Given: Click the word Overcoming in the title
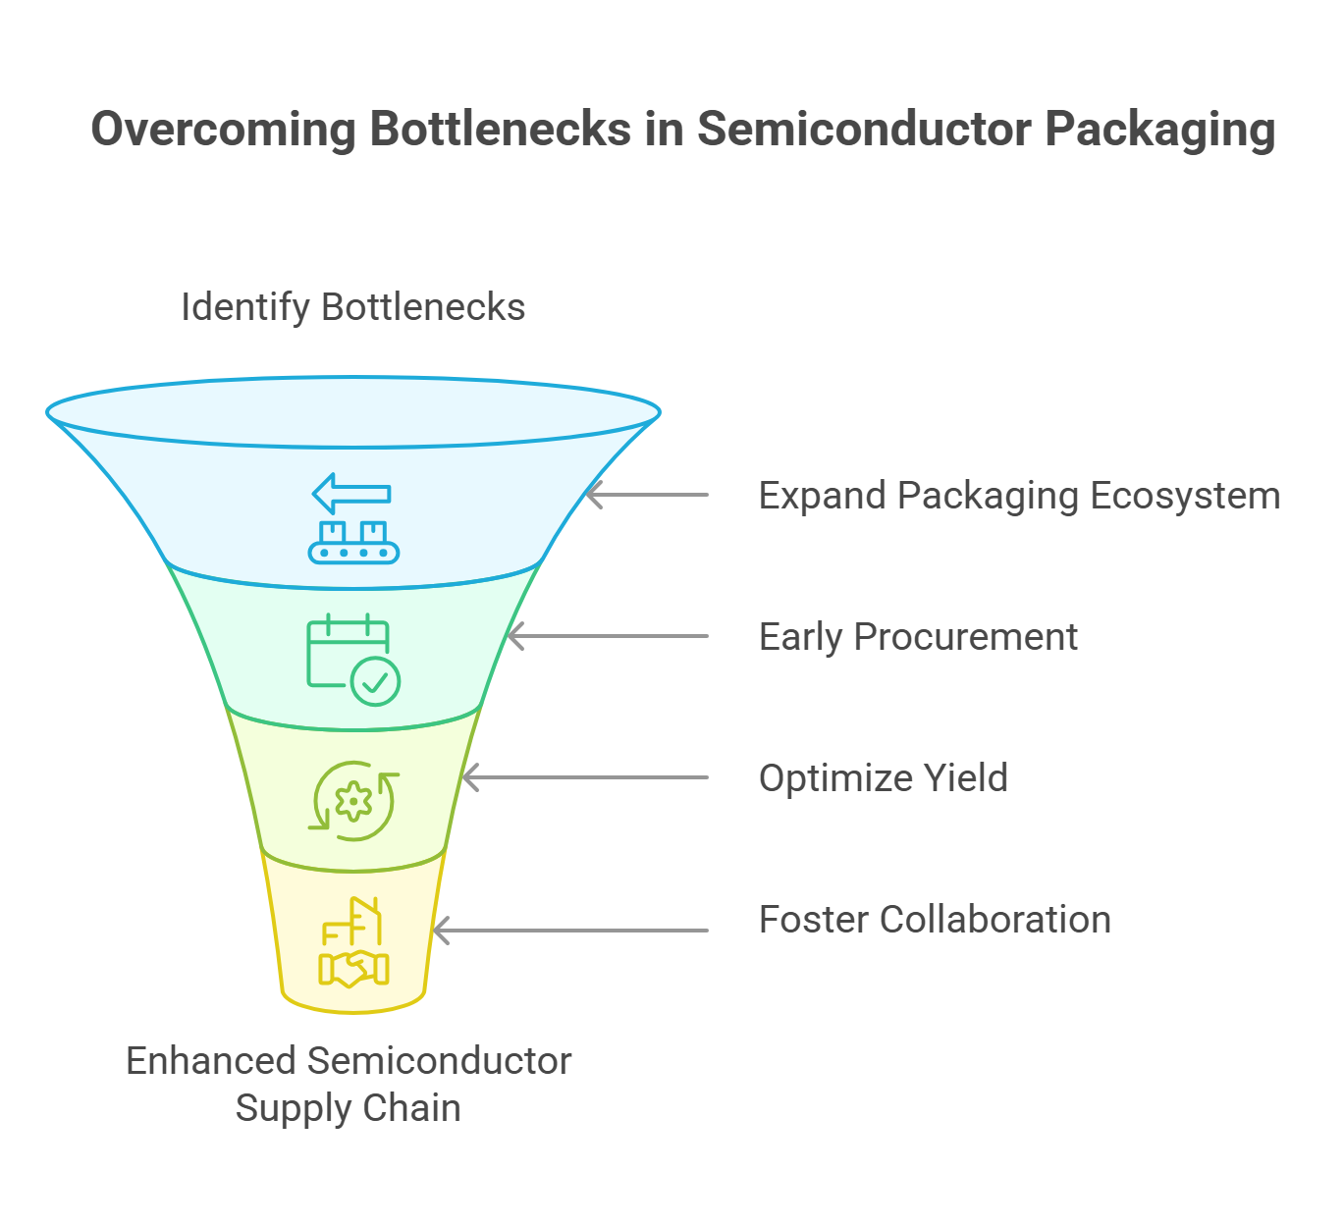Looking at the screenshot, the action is pyautogui.click(x=223, y=130).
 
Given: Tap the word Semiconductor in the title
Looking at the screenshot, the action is pyautogui.click(x=864, y=129).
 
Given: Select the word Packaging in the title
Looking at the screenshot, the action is pyautogui.click(x=1160, y=131).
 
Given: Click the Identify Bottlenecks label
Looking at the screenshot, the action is pyautogui.click(x=352, y=308).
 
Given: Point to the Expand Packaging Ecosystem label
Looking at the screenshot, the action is pyautogui.click(x=1019, y=497).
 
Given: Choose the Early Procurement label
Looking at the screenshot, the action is pyautogui.click(x=918, y=637).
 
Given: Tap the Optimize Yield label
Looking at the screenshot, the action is pyautogui.click(x=883, y=778).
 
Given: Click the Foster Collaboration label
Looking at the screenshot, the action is pyautogui.click(x=935, y=919).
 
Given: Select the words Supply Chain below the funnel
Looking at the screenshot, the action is pyautogui.click(x=349, y=1108).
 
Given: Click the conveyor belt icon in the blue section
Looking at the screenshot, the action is pyautogui.click(x=353, y=543).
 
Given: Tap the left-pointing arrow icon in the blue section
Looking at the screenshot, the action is pyautogui.click(x=351, y=494).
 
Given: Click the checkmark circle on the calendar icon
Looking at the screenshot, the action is pyautogui.click(x=376, y=682).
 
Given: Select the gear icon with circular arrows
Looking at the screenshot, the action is pyautogui.click(x=353, y=801).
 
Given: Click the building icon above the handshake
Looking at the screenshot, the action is pyautogui.click(x=352, y=921).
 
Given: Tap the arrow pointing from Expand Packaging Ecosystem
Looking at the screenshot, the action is pyautogui.click(x=647, y=496).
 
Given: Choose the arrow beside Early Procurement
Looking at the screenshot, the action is pyautogui.click(x=608, y=636).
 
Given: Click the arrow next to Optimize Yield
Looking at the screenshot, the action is pyautogui.click(x=584, y=777).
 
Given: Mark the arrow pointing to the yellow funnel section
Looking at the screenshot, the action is pyautogui.click(x=570, y=931).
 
